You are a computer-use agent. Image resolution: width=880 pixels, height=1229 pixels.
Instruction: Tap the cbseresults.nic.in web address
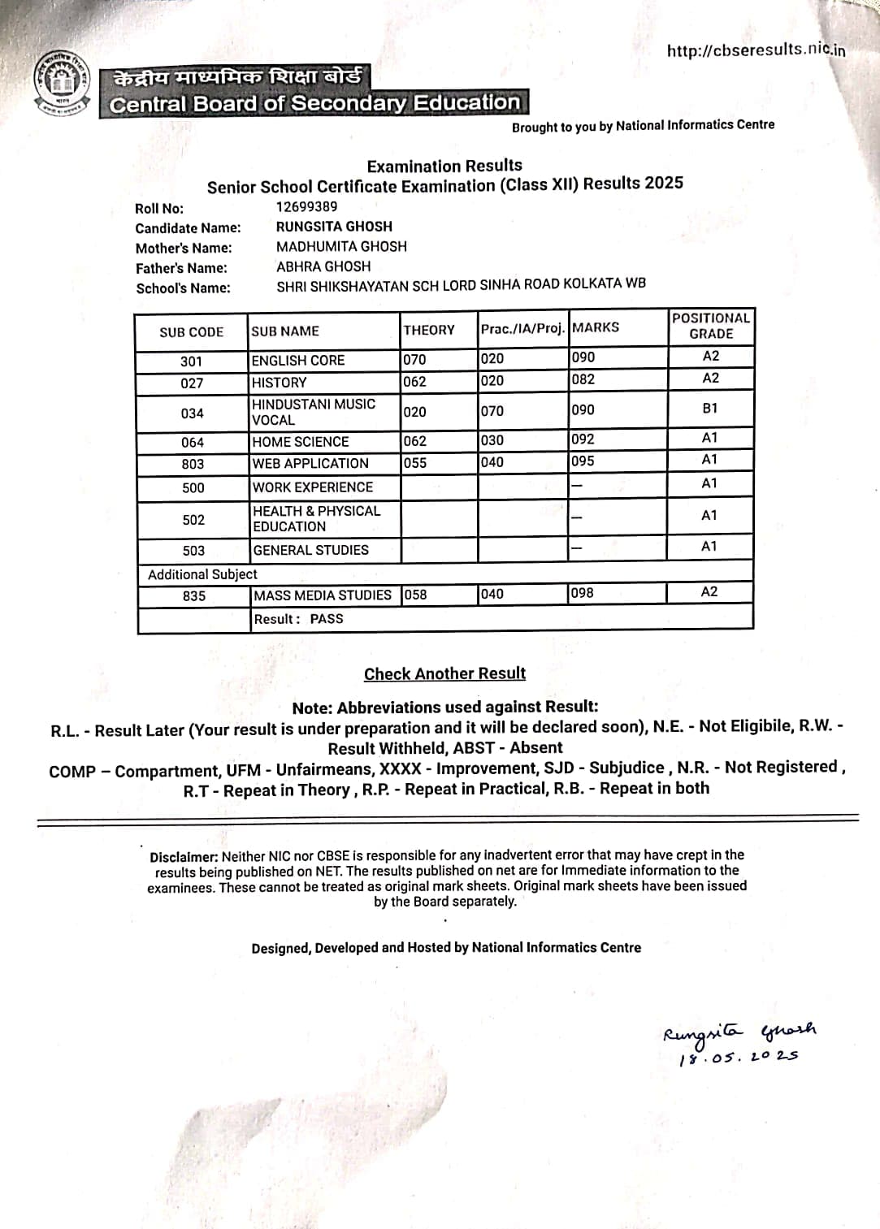pyautogui.click(x=756, y=50)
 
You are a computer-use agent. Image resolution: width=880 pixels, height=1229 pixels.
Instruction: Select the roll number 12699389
pyautogui.click(x=306, y=206)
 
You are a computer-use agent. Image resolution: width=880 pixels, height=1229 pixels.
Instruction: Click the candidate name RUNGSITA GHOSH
pyautogui.click(x=334, y=227)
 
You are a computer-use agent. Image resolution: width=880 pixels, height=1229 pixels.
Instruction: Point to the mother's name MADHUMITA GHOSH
pyautogui.click(x=341, y=246)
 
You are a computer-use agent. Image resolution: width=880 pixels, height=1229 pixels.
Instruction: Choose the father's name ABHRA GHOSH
pyautogui.click(x=323, y=266)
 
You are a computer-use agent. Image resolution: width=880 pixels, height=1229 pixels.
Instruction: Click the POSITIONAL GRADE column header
pyautogui.click(x=711, y=326)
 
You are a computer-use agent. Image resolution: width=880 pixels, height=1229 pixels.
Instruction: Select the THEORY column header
pyautogui.click(x=429, y=330)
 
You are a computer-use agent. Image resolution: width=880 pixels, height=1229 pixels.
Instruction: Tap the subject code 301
pyautogui.click(x=192, y=361)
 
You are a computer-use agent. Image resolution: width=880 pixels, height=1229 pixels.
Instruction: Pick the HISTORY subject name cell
pyautogui.click(x=280, y=382)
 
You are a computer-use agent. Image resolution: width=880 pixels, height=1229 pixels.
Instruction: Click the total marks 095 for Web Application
pyautogui.click(x=583, y=461)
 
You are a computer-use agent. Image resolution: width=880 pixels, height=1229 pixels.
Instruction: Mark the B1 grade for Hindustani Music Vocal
pyautogui.click(x=710, y=408)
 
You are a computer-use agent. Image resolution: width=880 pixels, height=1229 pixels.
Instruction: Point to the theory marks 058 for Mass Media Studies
pyautogui.click(x=415, y=595)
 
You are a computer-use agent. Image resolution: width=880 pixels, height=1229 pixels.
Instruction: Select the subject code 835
pyautogui.click(x=194, y=595)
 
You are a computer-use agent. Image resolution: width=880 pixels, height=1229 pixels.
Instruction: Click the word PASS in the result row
pyautogui.click(x=327, y=618)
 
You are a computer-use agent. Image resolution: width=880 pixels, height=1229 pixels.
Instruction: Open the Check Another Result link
pyautogui.click(x=444, y=673)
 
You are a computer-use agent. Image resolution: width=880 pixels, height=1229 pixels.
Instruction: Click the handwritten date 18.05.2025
pyautogui.click(x=739, y=1058)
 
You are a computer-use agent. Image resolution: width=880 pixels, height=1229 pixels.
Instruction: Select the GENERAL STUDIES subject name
pyautogui.click(x=311, y=550)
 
